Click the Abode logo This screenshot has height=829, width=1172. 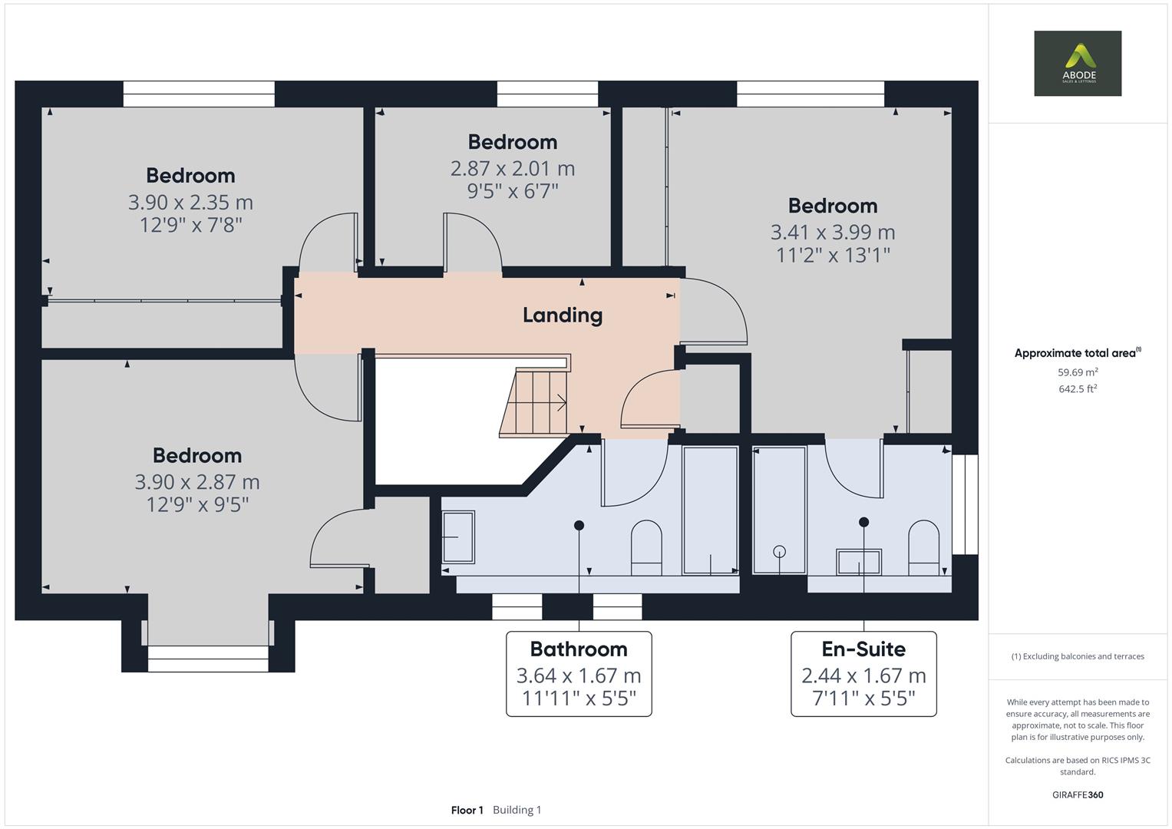click(1077, 63)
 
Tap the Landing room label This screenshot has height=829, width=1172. click(562, 315)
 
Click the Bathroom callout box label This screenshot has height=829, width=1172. click(578, 649)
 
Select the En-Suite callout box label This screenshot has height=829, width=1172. click(863, 649)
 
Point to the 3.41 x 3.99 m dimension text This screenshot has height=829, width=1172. click(832, 232)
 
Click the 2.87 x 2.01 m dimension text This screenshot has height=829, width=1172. click(512, 168)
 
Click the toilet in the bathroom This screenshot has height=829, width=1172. click(646, 547)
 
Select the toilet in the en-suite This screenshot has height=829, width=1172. click(923, 547)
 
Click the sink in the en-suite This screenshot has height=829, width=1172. click(859, 561)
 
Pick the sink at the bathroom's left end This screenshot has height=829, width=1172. click(458, 537)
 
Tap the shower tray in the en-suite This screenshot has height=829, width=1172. click(780, 510)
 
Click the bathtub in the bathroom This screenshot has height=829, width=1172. click(710, 510)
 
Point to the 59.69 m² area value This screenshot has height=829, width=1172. click(1077, 372)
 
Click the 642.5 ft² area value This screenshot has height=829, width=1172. click(1077, 389)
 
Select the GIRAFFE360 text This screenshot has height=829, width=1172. click(1077, 794)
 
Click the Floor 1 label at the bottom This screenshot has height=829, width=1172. click(467, 810)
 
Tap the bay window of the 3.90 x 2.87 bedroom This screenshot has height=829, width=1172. click(208, 659)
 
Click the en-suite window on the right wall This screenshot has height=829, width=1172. click(966, 504)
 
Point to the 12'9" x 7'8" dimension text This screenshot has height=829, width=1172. click(190, 225)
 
